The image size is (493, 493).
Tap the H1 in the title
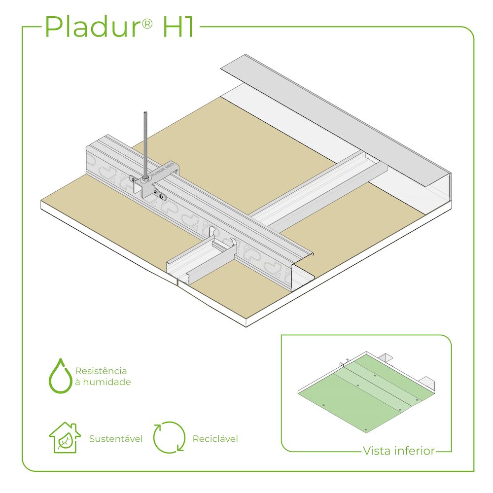(178, 27)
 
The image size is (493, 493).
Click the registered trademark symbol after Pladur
(147, 24)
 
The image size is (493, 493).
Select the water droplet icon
(60, 376)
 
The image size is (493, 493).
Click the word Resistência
(101, 371)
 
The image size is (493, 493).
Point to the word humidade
(107, 382)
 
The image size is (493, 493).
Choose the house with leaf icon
(65, 437)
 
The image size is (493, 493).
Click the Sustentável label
(116, 439)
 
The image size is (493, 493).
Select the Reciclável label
(215, 439)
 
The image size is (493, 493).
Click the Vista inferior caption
(399, 451)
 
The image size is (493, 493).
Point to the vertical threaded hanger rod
(145, 144)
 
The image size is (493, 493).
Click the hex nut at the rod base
(145, 179)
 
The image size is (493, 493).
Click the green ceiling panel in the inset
(367, 393)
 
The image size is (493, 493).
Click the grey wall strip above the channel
(336, 121)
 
